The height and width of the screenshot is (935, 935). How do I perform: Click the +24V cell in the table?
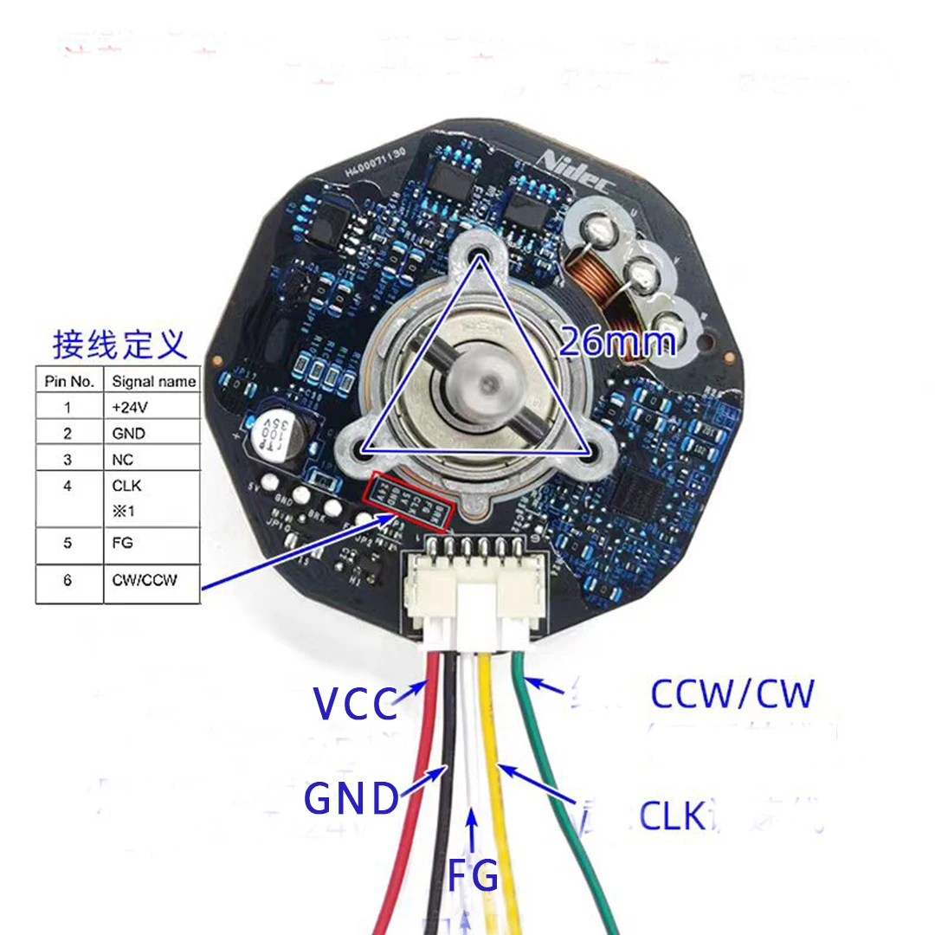pyautogui.click(x=128, y=406)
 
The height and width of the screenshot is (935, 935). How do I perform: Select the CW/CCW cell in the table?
pyautogui.click(x=144, y=580)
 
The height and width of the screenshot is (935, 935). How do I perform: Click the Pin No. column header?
pyautogui.click(x=68, y=381)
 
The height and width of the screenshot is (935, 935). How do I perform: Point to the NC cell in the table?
pyautogui.click(x=123, y=461)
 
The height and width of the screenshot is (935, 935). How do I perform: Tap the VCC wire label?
pyautogui.click(x=356, y=703)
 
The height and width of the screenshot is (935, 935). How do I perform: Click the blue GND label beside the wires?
pyautogui.click(x=351, y=798)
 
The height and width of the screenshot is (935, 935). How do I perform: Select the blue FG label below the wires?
pyautogui.click(x=473, y=875)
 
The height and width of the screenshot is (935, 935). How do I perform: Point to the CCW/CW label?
pyautogui.click(x=732, y=693)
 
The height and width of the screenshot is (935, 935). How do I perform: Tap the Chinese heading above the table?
pyautogui.click(x=119, y=345)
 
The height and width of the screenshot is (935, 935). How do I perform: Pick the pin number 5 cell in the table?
pyautogui.click(x=68, y=543)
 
